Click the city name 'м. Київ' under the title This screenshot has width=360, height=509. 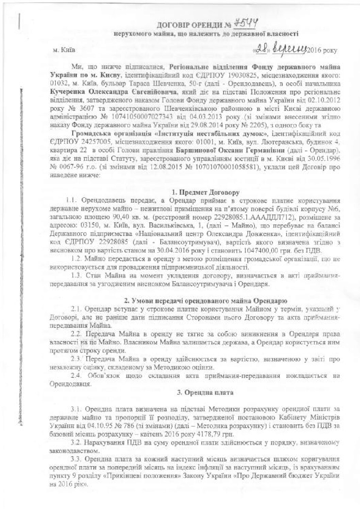(x=63, y=51)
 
